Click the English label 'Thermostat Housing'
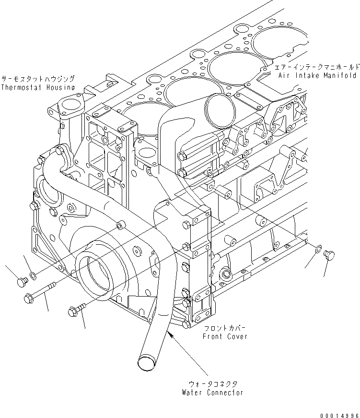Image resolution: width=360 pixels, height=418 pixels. pos(37,87)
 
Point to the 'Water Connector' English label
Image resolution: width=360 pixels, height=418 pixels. pos(212,393)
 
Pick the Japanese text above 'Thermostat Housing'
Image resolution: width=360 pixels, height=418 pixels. pos(38,79)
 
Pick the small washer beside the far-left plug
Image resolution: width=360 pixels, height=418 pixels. pos(33,275)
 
